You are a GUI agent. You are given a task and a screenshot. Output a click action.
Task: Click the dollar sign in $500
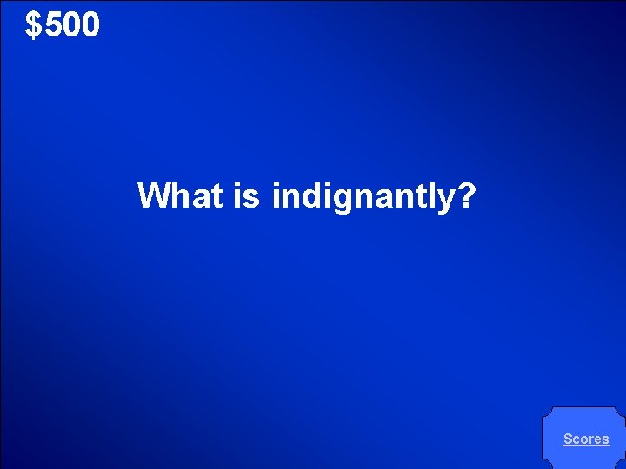[33, 26]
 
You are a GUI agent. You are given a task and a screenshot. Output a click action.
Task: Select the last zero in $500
[90, 26]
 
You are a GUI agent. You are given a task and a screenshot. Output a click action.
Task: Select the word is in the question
[246, 196]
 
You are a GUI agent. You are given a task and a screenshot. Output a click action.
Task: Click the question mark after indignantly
[466, 196]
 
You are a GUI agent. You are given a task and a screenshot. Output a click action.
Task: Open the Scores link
[586, 439]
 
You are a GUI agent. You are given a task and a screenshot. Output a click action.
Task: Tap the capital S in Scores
[568, 439]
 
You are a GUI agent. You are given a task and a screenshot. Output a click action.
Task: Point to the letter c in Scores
[576, 440]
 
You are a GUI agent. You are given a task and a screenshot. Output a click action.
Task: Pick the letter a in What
[199, 198]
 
